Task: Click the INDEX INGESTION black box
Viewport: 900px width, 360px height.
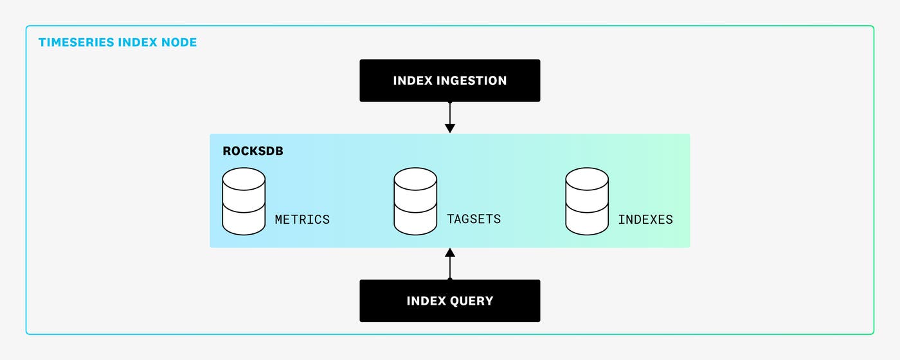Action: pyautogui.click(x=450, y=80)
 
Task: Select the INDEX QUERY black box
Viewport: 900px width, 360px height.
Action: pyautogui.click(x=450, y=300)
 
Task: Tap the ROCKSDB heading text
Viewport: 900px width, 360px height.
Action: pyautogui.click(x=253, y=152)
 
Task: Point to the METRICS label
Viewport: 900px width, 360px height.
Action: pyautogui.click(x=302, y=220)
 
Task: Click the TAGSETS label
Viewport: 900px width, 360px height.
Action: pyautogui.click(x=474, y=219)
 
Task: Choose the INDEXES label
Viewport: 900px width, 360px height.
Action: pyautogui.click(x=645, y=220)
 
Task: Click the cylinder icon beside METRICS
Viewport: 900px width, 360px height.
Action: pyautogui.click(x=244, y=201)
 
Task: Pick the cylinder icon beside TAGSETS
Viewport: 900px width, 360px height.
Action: pyautogui.click(x=415, y=201)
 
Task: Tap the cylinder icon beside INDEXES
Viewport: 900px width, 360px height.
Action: pyautogui.click(x=587, y=201)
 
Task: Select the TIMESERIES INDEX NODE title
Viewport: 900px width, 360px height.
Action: pyautogui.click(x=118, y=43)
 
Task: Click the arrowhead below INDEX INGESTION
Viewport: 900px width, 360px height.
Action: pyautogui.click(x=450, y=129)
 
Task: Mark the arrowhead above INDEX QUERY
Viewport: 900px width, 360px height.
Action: pyautogui.click(x=450, y=252)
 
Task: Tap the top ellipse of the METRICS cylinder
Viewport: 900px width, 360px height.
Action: pyautogui.click(x=244, y=179)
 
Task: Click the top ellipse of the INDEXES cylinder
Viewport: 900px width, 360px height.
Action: pyautogui.click(x=587, y=179)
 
